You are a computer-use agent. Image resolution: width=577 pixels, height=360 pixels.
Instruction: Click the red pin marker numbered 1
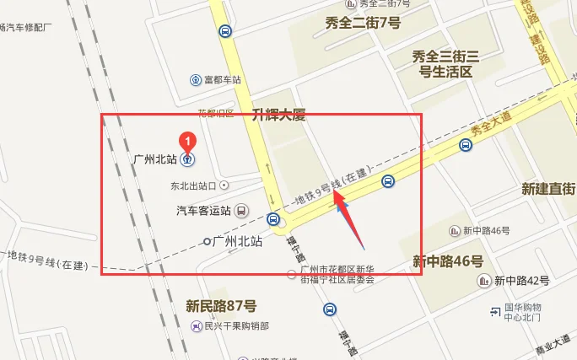tap(189, 140)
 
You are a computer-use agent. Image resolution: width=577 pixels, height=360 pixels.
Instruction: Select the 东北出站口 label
tap(193, 185)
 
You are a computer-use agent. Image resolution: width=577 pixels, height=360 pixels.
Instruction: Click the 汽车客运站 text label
tap(203, 210)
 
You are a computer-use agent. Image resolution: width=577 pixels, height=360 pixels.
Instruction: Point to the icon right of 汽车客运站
tap(241, 210)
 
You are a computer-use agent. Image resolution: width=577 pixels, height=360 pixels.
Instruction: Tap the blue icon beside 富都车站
tap(196, 80)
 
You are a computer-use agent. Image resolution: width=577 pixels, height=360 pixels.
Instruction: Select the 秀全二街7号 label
tap(363, 23)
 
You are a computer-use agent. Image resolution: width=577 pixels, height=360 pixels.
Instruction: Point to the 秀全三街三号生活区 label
tap(445, 63)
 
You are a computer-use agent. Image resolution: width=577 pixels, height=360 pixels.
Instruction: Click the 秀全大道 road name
tap(493, 128)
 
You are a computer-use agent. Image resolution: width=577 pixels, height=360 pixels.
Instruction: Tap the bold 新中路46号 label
tap(446, 262)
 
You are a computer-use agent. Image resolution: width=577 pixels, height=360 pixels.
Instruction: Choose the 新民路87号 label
tap(221, 305)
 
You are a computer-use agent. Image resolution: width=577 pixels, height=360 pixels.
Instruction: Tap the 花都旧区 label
tap(215, 113)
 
